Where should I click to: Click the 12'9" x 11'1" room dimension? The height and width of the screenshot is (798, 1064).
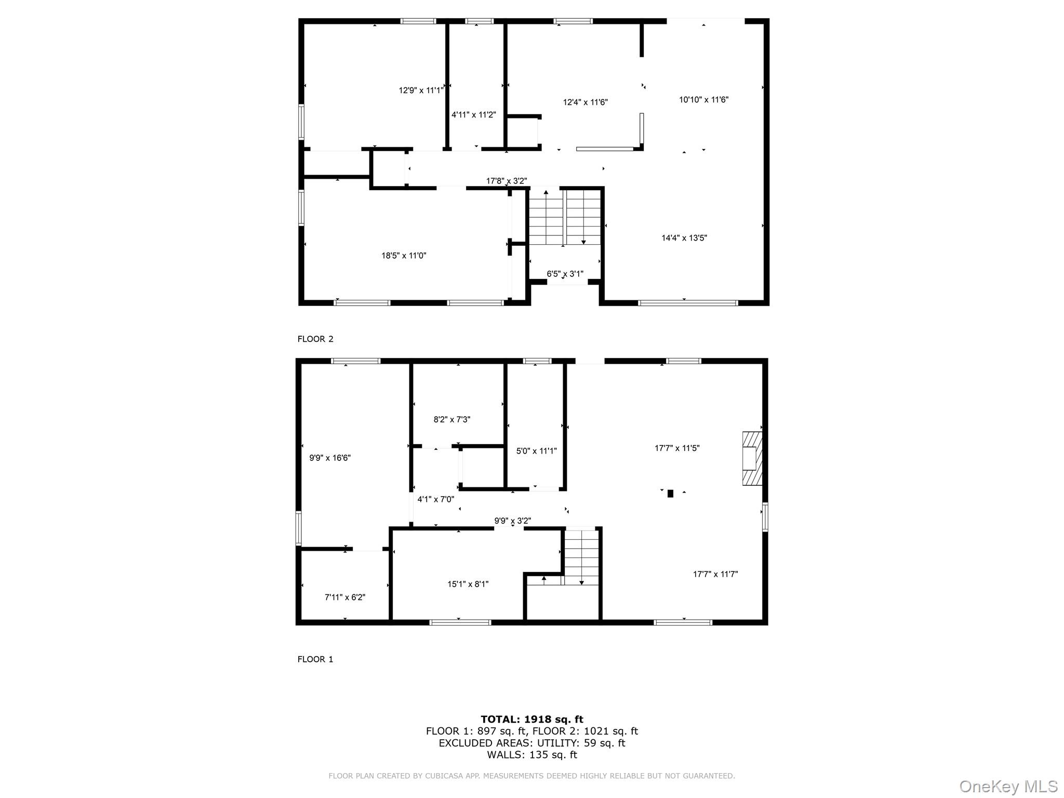421,90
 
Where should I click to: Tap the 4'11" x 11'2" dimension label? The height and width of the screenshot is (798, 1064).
473,115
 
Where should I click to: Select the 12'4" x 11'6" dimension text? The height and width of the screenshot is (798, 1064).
585,102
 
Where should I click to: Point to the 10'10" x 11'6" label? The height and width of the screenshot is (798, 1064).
703,100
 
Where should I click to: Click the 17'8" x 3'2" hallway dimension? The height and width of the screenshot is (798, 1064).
506,181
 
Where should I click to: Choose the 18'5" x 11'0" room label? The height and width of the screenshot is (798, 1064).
404,256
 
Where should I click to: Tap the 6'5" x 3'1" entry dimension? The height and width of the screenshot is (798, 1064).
565,274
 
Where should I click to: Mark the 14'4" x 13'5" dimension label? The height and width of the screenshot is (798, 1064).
684,238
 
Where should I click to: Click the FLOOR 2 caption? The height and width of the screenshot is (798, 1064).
315,339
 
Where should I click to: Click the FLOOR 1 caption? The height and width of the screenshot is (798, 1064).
315,659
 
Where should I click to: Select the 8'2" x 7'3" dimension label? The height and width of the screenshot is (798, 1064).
451,419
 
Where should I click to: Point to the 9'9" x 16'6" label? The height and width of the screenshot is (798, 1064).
330,458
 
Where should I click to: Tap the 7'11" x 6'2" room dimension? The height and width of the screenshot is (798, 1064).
344,597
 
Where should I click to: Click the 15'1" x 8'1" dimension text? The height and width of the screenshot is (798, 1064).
468,584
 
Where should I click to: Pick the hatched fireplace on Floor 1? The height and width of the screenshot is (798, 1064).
752,458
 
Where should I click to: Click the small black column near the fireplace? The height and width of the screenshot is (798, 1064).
670,494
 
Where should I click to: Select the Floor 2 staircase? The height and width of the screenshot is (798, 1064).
564,217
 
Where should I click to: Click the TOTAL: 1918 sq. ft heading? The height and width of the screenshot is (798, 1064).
531,719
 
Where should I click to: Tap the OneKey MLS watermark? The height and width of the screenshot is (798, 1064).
1008,786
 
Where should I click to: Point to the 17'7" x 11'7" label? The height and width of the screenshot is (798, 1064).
715,574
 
